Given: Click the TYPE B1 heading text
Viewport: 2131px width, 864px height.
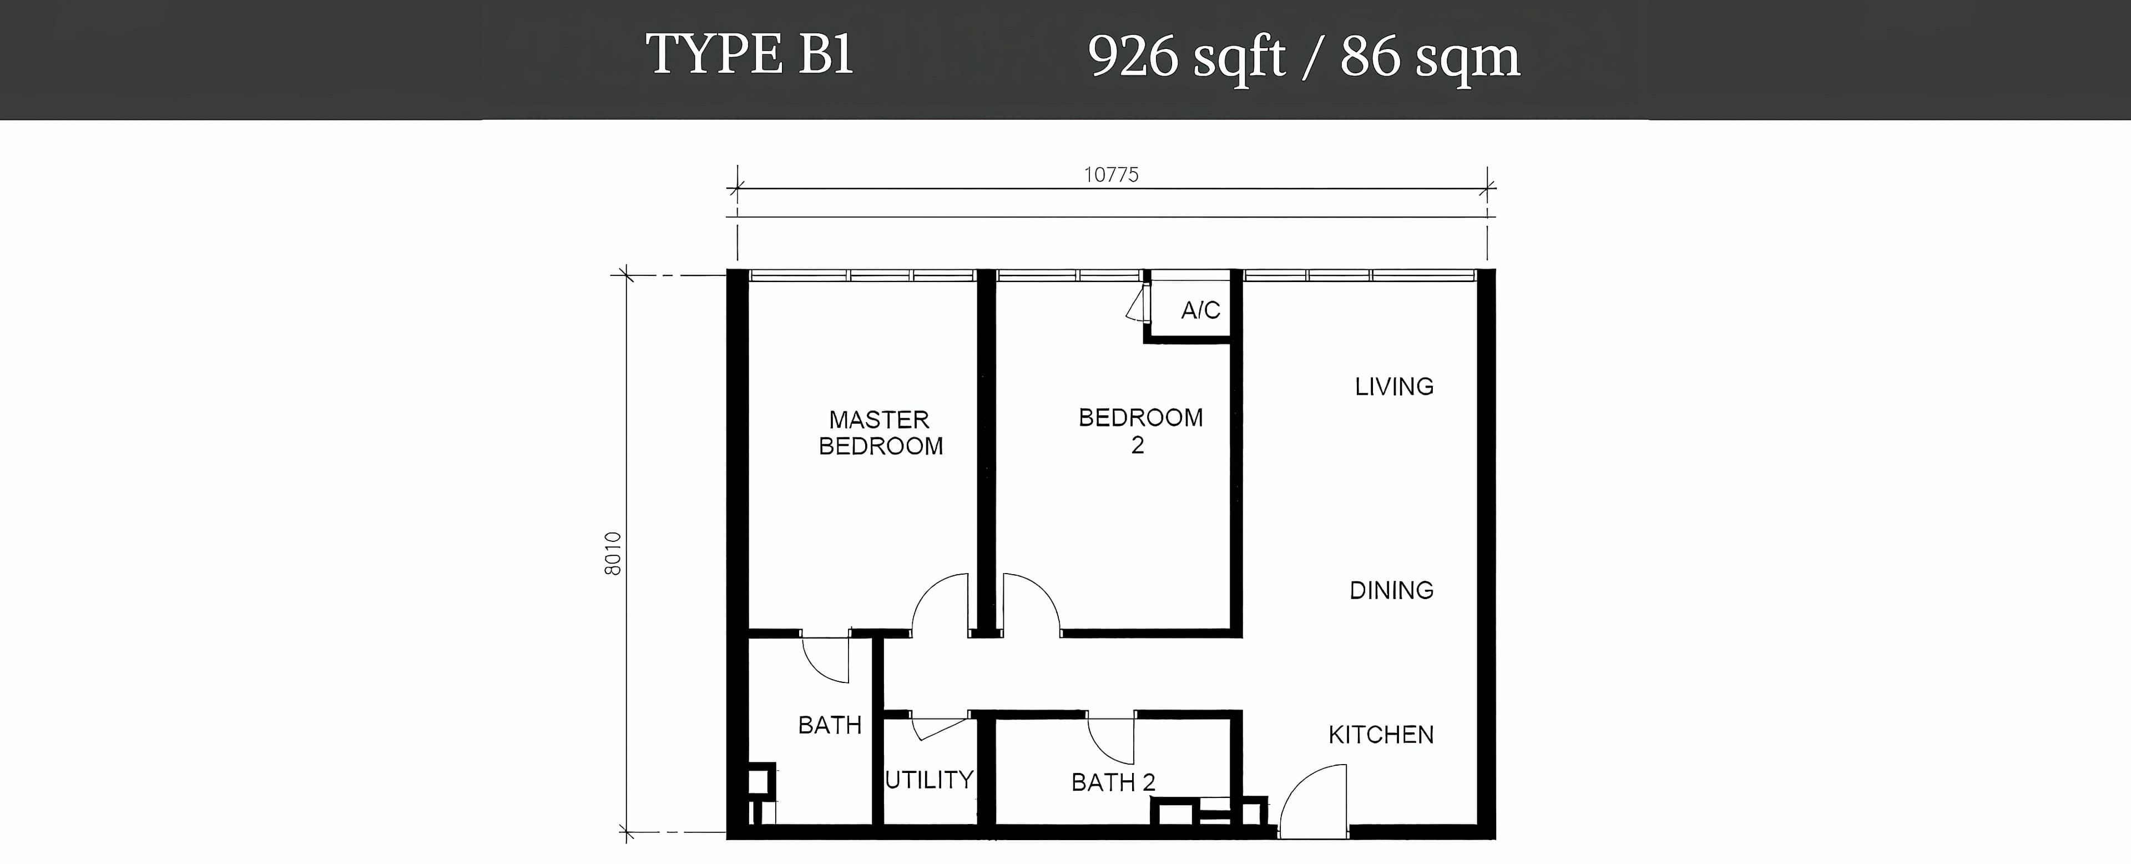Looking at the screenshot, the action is tap(750, 54).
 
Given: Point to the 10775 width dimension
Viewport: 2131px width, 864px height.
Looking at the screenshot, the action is tap(1111, 174).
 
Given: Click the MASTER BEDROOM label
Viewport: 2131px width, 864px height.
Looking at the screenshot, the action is tap(880, 433).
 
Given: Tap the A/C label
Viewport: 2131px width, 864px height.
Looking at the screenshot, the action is tap(1200, 310).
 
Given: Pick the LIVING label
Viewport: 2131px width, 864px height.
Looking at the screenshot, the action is tap(1394, 386).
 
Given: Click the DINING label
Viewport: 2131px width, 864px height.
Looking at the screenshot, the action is tap(1391, 590).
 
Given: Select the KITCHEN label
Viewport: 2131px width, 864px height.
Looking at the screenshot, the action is tap(1381, 735).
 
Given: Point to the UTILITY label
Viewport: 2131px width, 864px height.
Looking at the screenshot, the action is tap(929, 780).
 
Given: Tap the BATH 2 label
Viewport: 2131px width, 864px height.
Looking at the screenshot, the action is tap(1113, 782).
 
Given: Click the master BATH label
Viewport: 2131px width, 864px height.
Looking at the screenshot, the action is tap(830, 725).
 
